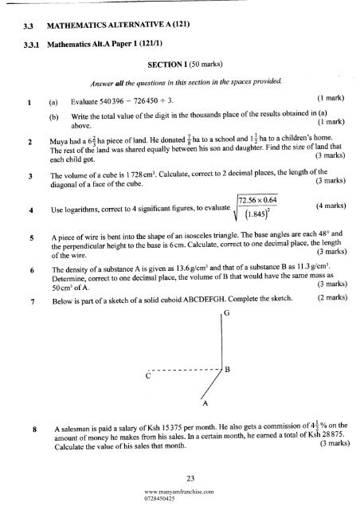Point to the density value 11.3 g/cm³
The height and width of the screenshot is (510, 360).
323,293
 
